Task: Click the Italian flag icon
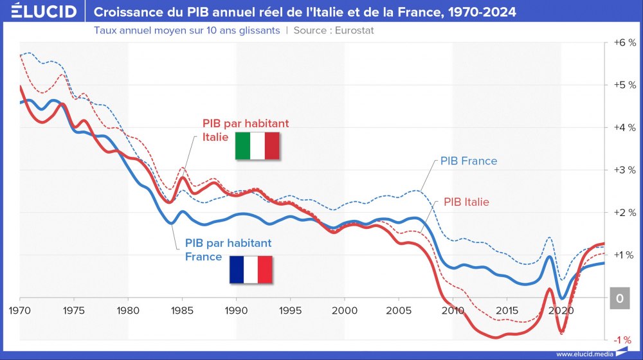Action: [x=257, y=146]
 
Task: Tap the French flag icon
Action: [x=251, y=269]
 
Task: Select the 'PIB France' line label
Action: [x=468, y=161]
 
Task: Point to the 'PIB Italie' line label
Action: [x=471, y=203]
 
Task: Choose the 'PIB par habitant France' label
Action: [x=228, y=250]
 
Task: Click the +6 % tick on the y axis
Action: [x=624, y=42]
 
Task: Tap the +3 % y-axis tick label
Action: [x=624, y=170]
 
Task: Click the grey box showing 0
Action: [x=620, y=298]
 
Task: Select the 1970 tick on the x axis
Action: [x=20, y=309]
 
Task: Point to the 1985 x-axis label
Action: [x=182, y=309]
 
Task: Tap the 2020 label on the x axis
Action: [x=560, y=309]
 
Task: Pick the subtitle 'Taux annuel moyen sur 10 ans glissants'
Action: [x=186, y=30]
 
